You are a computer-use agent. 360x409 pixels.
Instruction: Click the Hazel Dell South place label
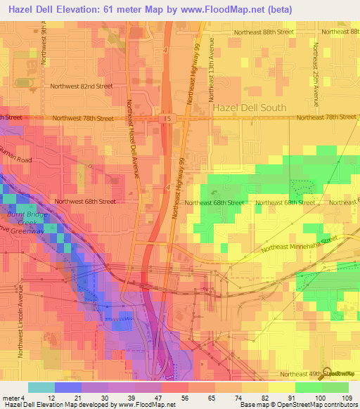pyautogui.click(x=250, y=108)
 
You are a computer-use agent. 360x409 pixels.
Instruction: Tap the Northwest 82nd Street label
pyautogui.click(x=81, y=86)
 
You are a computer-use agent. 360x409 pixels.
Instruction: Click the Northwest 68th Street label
pyautogui.click(x=85, y=201)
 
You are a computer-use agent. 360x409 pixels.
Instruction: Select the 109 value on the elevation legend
pyautogui.click(x=347, y=397)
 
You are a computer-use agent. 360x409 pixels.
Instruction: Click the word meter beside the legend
pyautogui.click(x=11, y=397)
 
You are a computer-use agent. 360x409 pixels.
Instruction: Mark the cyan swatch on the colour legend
pyautogui.click(x=41, y=387)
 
